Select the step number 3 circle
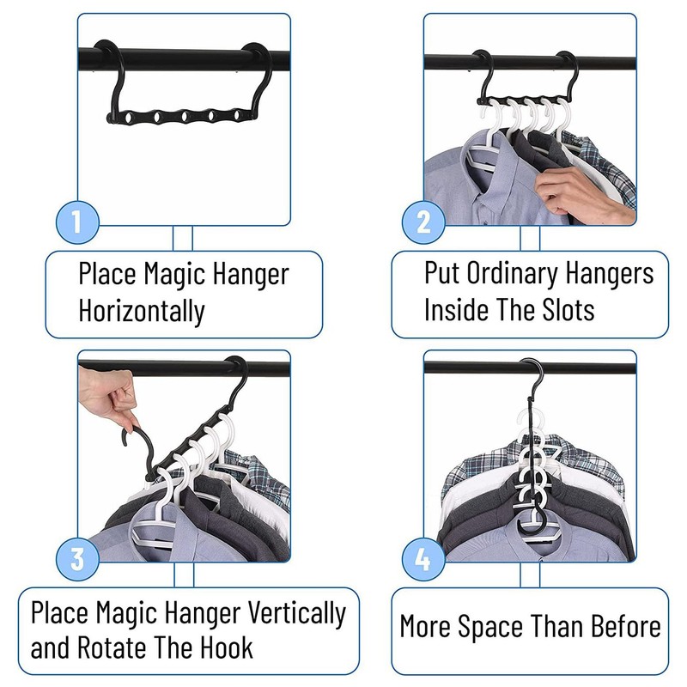[77, 560]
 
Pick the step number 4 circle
[423, 560]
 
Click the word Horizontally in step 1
[142, 311]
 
